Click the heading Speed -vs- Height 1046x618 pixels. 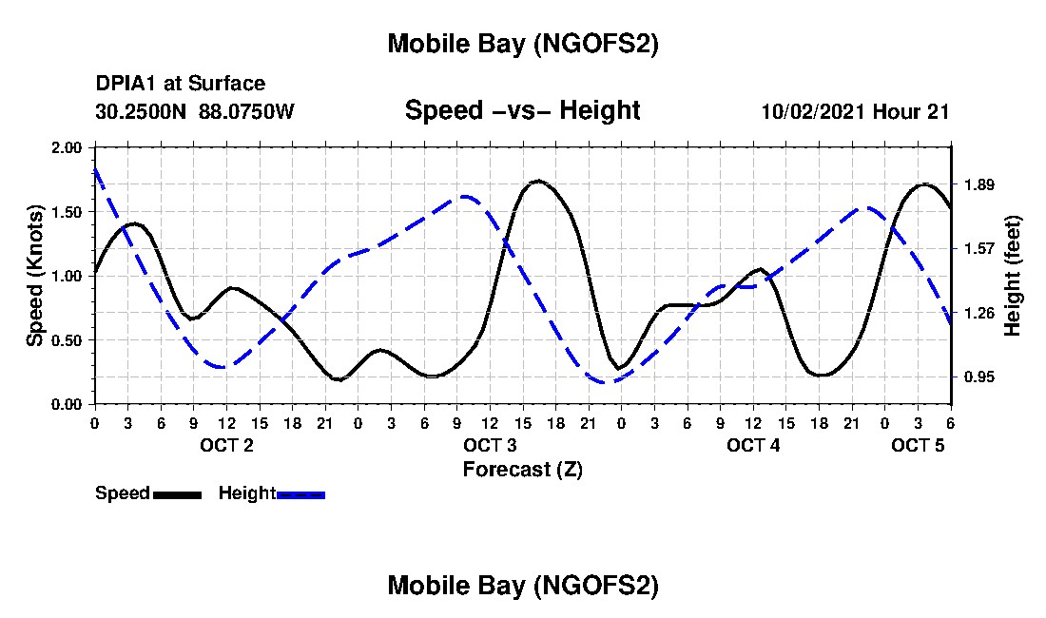pyautogui.click(x=522, y=110)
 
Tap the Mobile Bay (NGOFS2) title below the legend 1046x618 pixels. pyautogui.click(x=522, y=586)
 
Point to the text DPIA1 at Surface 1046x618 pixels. pyautogui.click(x=181, y=85)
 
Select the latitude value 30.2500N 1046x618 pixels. pyautogui.click(x=143, y=111)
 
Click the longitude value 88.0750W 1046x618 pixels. pyautogui.click(x=247, y=111)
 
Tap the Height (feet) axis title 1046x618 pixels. pyautogui.click(x=1012, y=276)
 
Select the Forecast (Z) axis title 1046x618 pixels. pyautogui.click(x=522, y=469)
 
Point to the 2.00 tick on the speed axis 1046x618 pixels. pyautogui.click(x=68, y=147)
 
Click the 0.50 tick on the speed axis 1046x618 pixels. pyautogui.click(x=68, y=340)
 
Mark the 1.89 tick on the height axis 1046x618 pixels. pyautogui.click(x=978, y=184)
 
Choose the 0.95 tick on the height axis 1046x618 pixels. pyautogui.click(x=978, y=377)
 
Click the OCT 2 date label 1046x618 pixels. pyautogui.click(x=226, y=445)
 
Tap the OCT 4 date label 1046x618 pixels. pyautogui.click(x=753, y=445)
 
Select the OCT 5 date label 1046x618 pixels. pyautogui.click(x=919, y=445)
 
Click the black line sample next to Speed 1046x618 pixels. pyautogui.click(x=177, y=494)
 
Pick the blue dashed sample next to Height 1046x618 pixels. pyautogui.click(x=301, y=494)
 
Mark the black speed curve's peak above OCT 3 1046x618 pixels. pyautogui.click(x=538, y=180)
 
